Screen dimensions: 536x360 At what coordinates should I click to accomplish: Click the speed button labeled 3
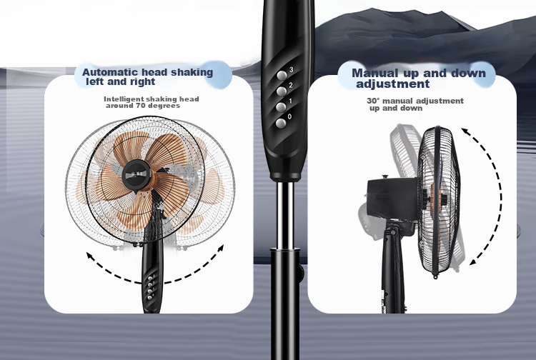[282, 76]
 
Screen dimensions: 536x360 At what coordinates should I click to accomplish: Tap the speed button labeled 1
[281, 107]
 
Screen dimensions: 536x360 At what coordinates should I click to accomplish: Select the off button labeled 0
[281, 124]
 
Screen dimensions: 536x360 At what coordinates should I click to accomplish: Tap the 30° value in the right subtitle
[373, 101]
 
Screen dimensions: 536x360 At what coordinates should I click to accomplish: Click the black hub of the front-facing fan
[137, 175]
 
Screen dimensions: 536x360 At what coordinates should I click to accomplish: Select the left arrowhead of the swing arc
[89, 255]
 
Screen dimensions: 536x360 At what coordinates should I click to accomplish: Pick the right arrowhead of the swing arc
[221, 248]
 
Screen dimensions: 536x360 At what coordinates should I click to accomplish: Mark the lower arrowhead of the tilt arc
[473, 262]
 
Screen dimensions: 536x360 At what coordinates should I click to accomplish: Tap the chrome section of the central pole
[284, 215]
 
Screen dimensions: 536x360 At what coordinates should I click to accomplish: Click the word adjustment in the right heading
[393, 84]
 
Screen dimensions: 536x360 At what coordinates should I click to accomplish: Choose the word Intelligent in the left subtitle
[124, 99]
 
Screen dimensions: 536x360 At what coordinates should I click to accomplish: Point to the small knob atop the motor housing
[386, 176]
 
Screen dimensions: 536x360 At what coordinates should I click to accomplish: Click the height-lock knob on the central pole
[299, 273]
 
